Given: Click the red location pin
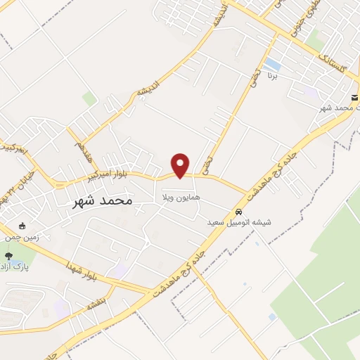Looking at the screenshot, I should (181, 165).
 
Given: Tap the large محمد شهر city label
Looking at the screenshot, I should (103, 201).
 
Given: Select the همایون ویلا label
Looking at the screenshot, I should (181, 197).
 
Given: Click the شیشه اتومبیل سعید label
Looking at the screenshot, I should (239, 221).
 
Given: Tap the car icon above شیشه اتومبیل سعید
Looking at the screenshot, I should (239, 211).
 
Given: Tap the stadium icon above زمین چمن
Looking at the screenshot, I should (22, 226).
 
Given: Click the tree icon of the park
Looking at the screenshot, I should (8, 256).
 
